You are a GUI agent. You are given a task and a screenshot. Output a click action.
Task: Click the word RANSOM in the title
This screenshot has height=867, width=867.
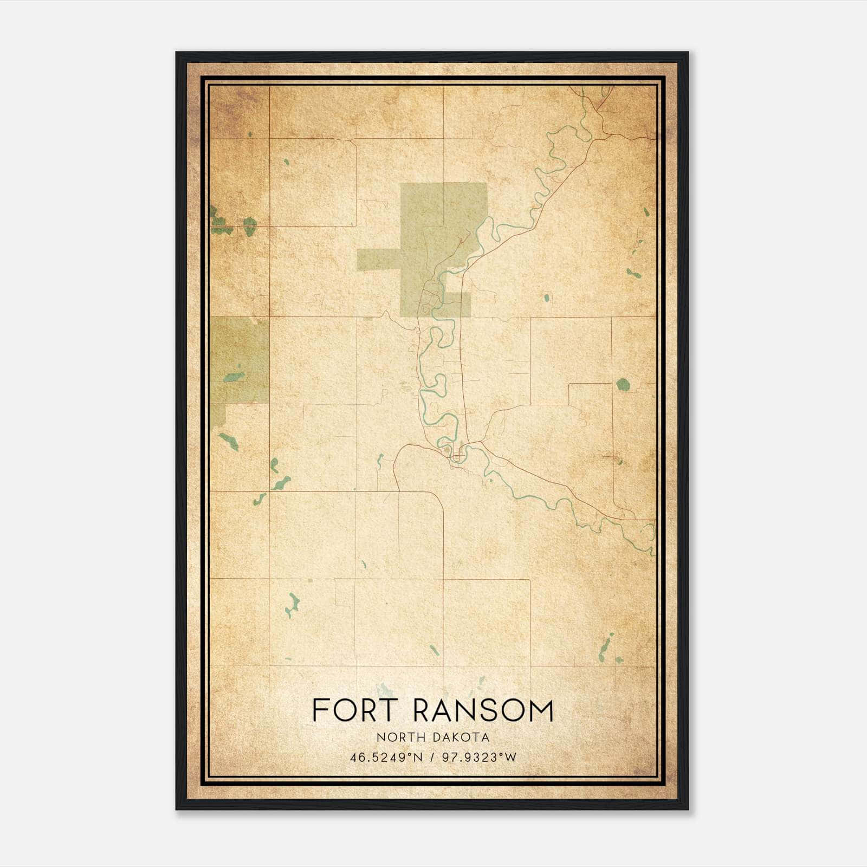click(483, 710)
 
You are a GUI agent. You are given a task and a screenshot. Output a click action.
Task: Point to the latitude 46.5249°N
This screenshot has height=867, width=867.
click(385, 758)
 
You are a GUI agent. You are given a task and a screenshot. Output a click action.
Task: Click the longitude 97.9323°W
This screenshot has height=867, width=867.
click(480, 758)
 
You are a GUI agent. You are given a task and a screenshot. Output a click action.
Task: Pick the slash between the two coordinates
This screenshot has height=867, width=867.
click(432, 758)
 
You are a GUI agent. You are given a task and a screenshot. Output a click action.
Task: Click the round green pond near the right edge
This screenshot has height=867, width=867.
click(623, 385)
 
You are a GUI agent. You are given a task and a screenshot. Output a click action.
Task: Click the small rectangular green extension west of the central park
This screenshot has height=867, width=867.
click(378, 260)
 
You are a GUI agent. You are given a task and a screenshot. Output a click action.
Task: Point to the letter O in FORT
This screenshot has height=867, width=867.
click(349, 710)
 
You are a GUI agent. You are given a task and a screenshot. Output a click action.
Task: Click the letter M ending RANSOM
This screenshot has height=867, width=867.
click(542, 710)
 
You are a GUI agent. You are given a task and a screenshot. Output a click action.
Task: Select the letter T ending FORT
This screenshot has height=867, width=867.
click(391, 710)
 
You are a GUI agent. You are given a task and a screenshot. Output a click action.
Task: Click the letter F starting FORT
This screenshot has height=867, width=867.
click(320, 710)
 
